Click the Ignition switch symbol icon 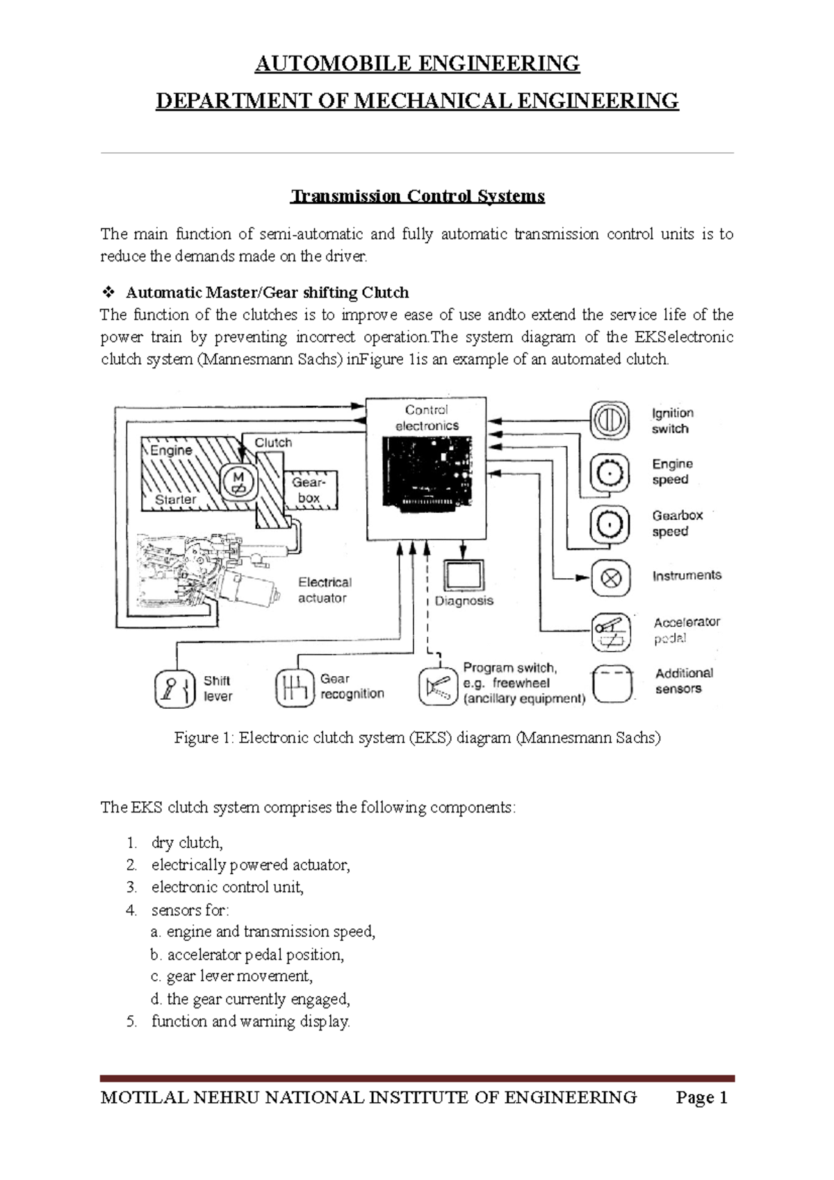[x=610, y=420]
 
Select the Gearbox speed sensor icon [x=610, y=524]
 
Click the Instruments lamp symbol [x=611, y=578]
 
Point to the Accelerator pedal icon [x=611, y=631]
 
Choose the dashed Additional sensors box [x=612, y=685]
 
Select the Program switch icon [x=439, y=687]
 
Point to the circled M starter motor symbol [x=238, y=481]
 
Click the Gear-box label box [x=309, y=489]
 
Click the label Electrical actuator [x=324, y=590]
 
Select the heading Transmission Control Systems [x=417, y=196]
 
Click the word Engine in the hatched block [x=171, y=450]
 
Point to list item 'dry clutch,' [x=186, y=843]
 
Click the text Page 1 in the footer [x=702, y=1098]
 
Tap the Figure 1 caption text [x=417, y=738]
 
